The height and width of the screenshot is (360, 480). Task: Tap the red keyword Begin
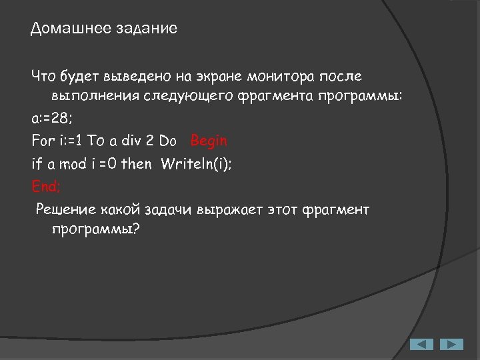coord(209,141)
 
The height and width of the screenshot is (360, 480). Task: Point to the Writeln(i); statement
coord(196,163)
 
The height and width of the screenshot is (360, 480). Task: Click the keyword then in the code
coord(136,163)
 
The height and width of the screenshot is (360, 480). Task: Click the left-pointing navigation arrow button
coord(421,344)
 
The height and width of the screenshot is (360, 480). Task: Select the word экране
coord(211,77)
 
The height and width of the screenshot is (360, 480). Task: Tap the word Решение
coord(66,210)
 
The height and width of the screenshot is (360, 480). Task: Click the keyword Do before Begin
coord(168,141)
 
